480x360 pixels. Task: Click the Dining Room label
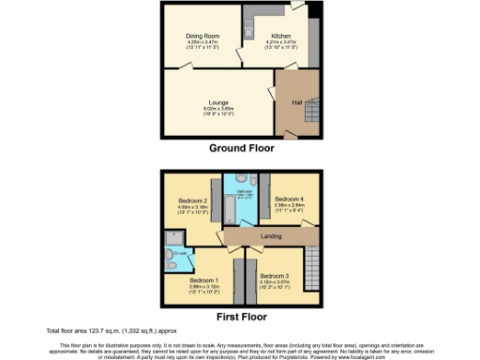pyautogui.click(x=202, y=37)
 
